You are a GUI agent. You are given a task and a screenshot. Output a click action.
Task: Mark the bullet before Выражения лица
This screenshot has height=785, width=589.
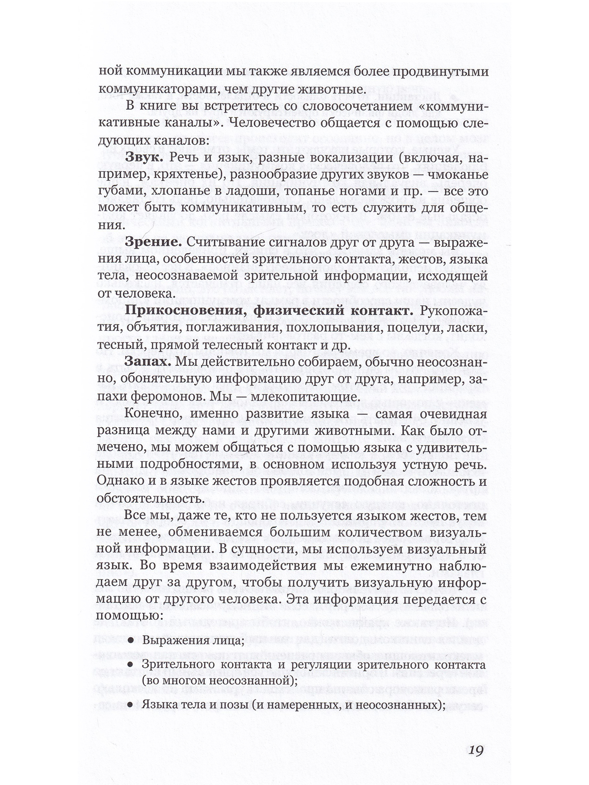click(130, 641)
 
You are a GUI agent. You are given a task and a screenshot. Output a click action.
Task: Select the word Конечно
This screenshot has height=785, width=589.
click(153, 413)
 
